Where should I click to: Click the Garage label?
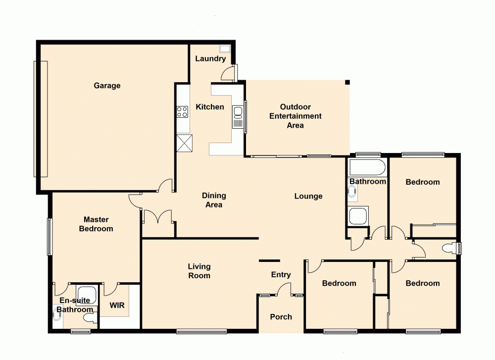[107, 86]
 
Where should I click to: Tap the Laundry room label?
[210, 58]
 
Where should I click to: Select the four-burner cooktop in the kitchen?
[182, 112]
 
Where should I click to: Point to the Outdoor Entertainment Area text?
[295, 116]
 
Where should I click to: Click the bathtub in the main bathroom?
[367, 167]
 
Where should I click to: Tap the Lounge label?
[308, 196]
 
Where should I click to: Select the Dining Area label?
[214, 200]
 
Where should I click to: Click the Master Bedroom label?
[96, 224]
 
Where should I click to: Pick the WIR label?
[117, 306]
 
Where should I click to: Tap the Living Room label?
[199, 271]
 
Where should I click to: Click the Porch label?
[281, 317]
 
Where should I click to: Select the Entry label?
[281, 275]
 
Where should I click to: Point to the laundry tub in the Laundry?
[225, 49]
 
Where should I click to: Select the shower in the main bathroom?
[357, 216]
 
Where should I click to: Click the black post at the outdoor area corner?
[347, 82]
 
